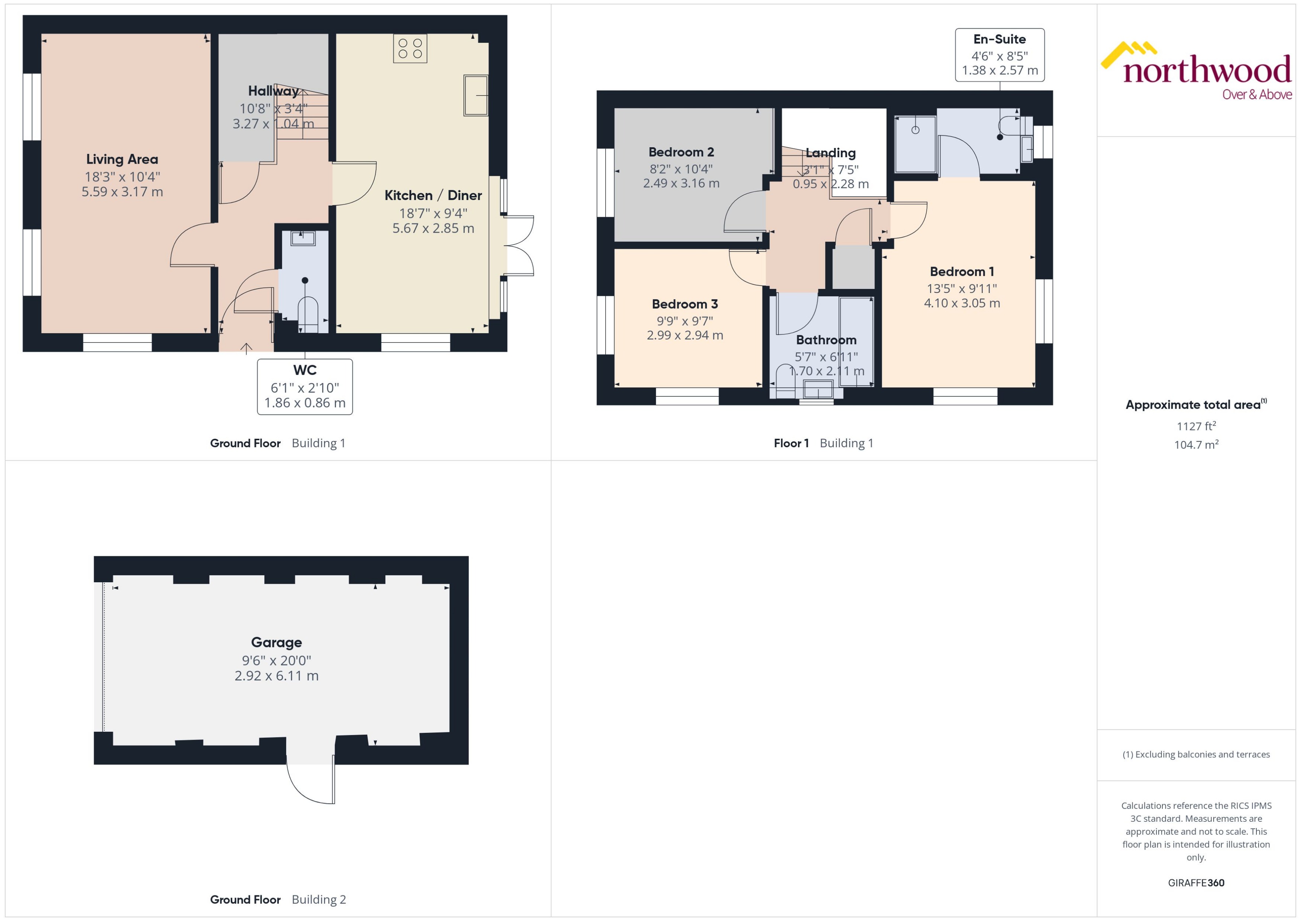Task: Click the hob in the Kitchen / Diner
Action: coord(410,48)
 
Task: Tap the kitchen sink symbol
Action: coord(476,95)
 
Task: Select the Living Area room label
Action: coord(122,160)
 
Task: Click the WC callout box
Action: coord(304,386)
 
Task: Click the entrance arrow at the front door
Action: coord(246,348)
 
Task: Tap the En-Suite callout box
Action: coord(1000,55)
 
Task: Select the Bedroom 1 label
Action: coord(961,272)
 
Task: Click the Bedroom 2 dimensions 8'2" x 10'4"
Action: coord(681,169)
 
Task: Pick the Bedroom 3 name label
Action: coord(684,304)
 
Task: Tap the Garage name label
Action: coord(276,642)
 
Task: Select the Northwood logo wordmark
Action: coord(1206,71)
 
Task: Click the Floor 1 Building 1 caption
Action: coord(823,443)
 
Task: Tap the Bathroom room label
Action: coord(826,340)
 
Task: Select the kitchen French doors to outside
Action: coord(519,245)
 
